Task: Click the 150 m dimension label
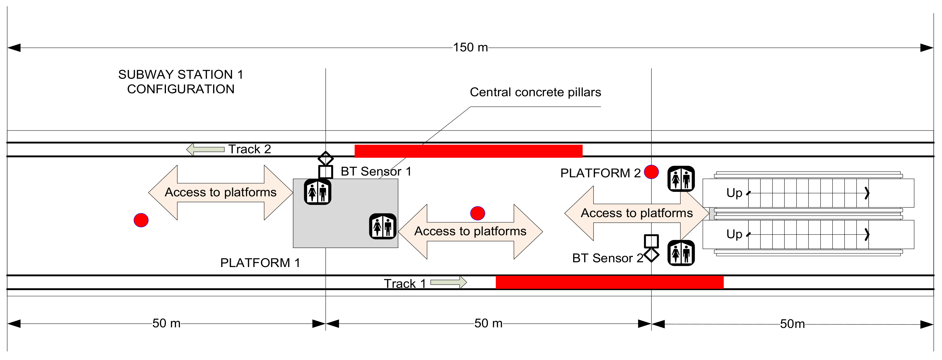pos(470,47)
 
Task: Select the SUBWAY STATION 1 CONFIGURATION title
pos(181,82)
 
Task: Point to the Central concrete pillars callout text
pos(535,92)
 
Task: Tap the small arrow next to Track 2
pos(205,149)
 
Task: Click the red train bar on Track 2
pos(468,151)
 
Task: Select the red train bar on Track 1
pos(609,282)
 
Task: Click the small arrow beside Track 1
pos(448,282)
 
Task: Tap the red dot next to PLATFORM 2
pos(651,172)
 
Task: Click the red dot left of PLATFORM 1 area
pos(141,220)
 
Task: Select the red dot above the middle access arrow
pos(478,213)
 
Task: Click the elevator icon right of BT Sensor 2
pos(681,253)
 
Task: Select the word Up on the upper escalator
pos(734,193)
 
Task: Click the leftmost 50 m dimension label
pos(166,323)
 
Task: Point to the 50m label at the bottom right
pos(792,324)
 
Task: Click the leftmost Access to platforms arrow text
pos(221,192)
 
